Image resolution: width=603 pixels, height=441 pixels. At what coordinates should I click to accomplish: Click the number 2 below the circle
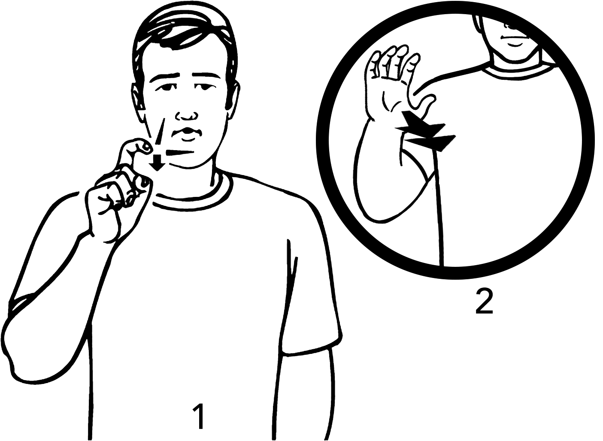point(484,302)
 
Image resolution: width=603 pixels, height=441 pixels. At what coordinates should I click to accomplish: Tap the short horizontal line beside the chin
point(179,152)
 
